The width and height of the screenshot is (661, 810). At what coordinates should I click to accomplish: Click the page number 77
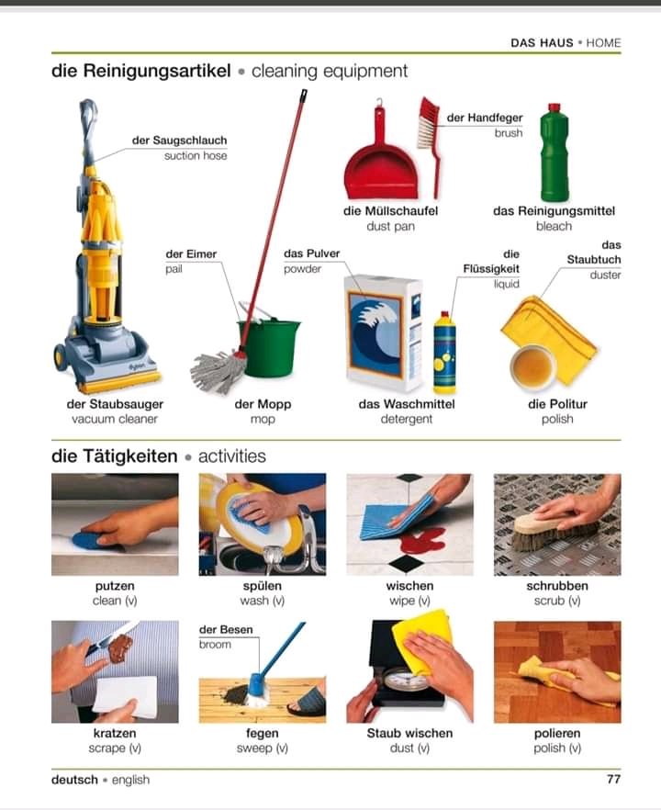[x=613, y=779]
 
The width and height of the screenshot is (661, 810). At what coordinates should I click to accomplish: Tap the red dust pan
[x=381, y=160]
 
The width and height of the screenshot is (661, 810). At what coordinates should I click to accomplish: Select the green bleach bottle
[x=555, y=152]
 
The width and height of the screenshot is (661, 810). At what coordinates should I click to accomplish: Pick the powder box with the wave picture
[x=383, y=333]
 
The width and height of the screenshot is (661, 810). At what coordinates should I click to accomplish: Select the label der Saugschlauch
[x=179, y=140]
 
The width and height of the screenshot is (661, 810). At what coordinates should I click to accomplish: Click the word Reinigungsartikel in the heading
[x=157, y=70]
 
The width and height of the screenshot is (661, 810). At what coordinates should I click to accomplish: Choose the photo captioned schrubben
[x=557, y=525]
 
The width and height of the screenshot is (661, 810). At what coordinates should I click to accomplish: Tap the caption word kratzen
[x=115, y=733]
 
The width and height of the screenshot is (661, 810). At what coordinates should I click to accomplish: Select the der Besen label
[x=226, y=629]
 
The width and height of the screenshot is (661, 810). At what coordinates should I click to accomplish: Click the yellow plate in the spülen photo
[x=258, y=519]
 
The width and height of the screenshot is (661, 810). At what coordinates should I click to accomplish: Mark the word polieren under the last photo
[x=557, y=733]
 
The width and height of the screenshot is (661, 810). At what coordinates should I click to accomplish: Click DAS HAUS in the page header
[x=542, y=43]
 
